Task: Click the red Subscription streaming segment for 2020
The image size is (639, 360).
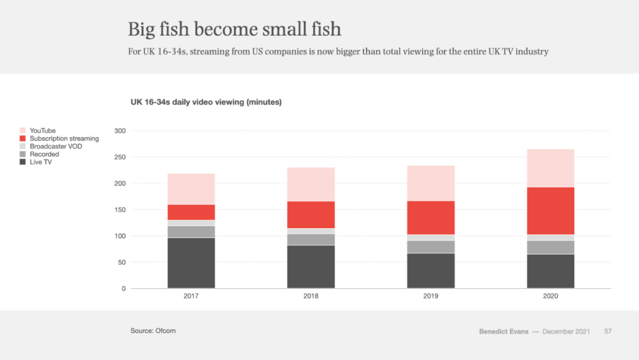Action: point(551,211)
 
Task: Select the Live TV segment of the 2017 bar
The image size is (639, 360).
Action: point(191,263)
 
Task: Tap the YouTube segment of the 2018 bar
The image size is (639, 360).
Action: point(311,184)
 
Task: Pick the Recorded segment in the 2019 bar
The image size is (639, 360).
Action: point(431,247)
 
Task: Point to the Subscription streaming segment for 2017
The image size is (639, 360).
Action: point(191,212)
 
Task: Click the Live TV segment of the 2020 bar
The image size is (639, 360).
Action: point(551,271)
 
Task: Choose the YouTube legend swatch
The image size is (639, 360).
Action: point(23,131)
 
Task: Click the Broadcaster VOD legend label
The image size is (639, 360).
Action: point(56,146)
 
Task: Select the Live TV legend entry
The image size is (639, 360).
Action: point(40,162)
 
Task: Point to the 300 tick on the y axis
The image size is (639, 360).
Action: point(120,131)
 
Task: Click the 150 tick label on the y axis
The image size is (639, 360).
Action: point(120,210)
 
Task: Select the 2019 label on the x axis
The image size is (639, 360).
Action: point(431,296)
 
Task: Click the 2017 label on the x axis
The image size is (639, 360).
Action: point(191,296)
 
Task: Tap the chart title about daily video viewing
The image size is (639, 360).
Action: point(206,102)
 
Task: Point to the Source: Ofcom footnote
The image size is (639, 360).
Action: point(153,331)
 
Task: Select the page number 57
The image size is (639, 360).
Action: point(608,332)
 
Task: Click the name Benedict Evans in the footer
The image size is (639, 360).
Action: point(503,332)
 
